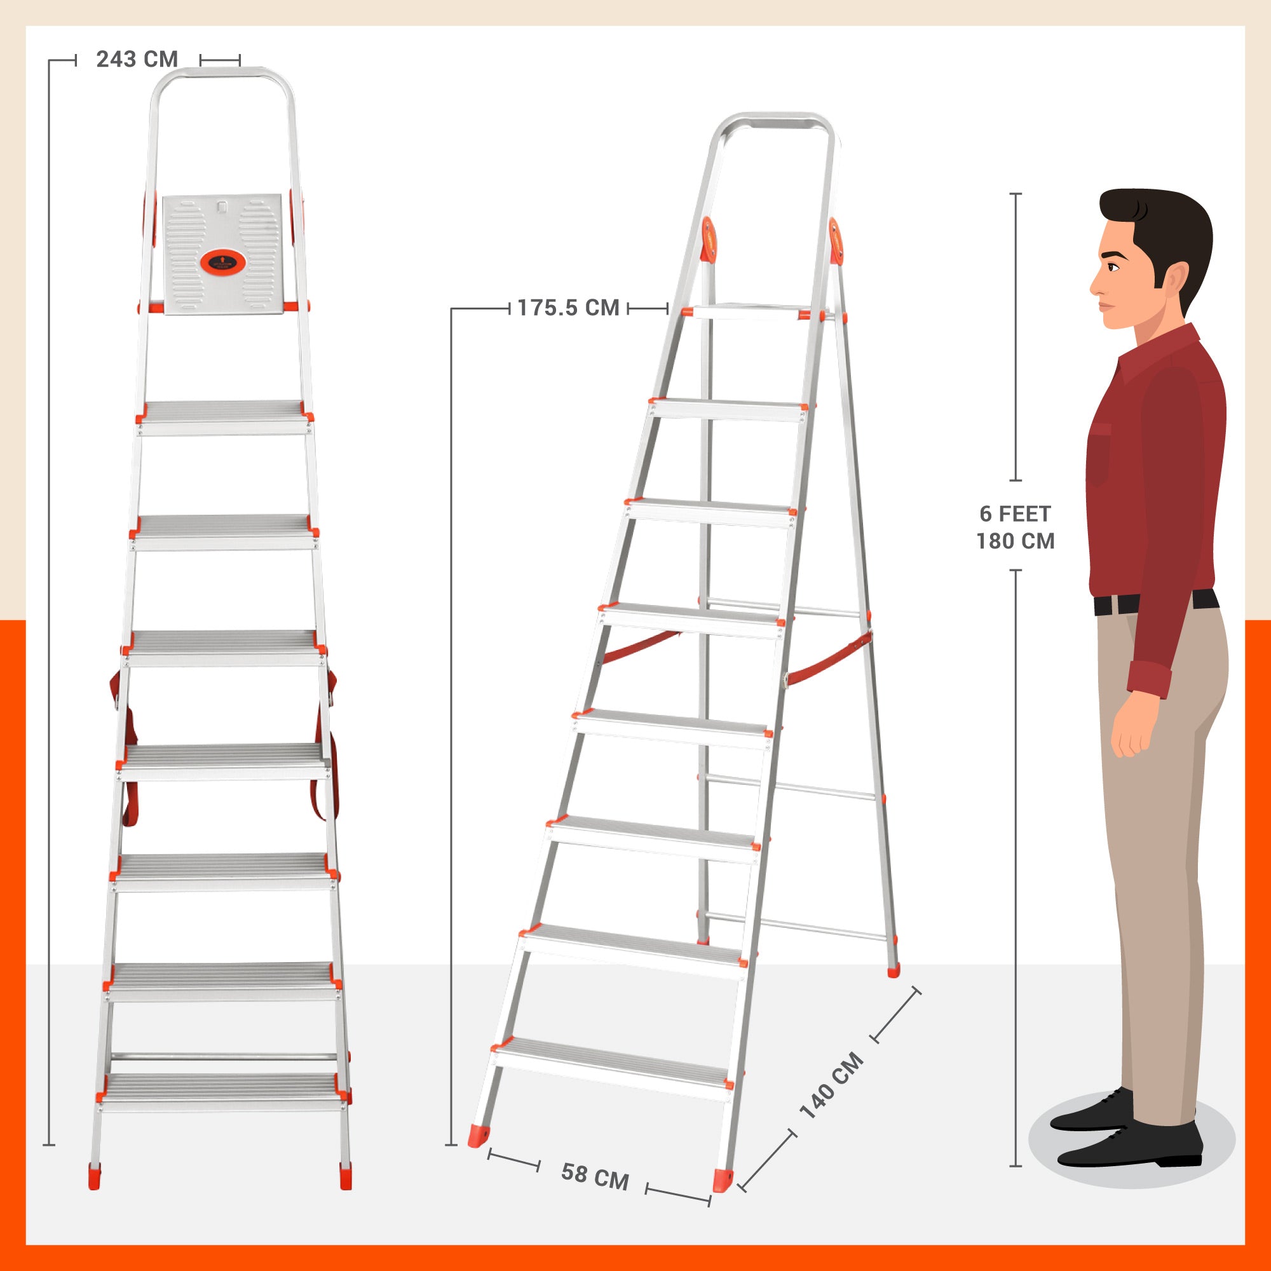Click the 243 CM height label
click(137, 59)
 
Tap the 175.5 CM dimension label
click(568, 308)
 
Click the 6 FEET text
click(1015, 513)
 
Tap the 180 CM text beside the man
click(1015, 541)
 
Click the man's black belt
click(1156, 601)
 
